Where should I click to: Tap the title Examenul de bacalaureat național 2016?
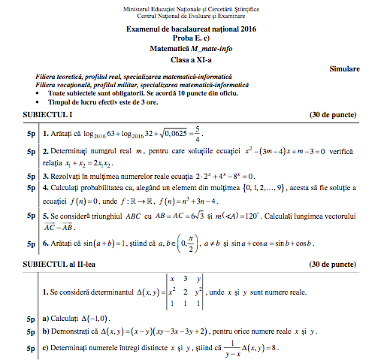pos(192,29)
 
